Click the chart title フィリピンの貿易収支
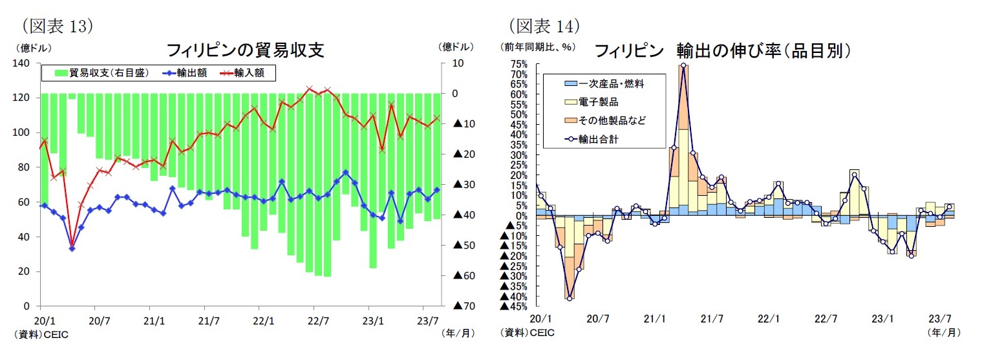click(x=246, y=50)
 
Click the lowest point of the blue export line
click(x=72, y=248)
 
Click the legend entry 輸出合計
click(x=601, y=138)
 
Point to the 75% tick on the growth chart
click(x=519, y=64)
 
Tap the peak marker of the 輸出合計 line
click(x=683, y=65)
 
